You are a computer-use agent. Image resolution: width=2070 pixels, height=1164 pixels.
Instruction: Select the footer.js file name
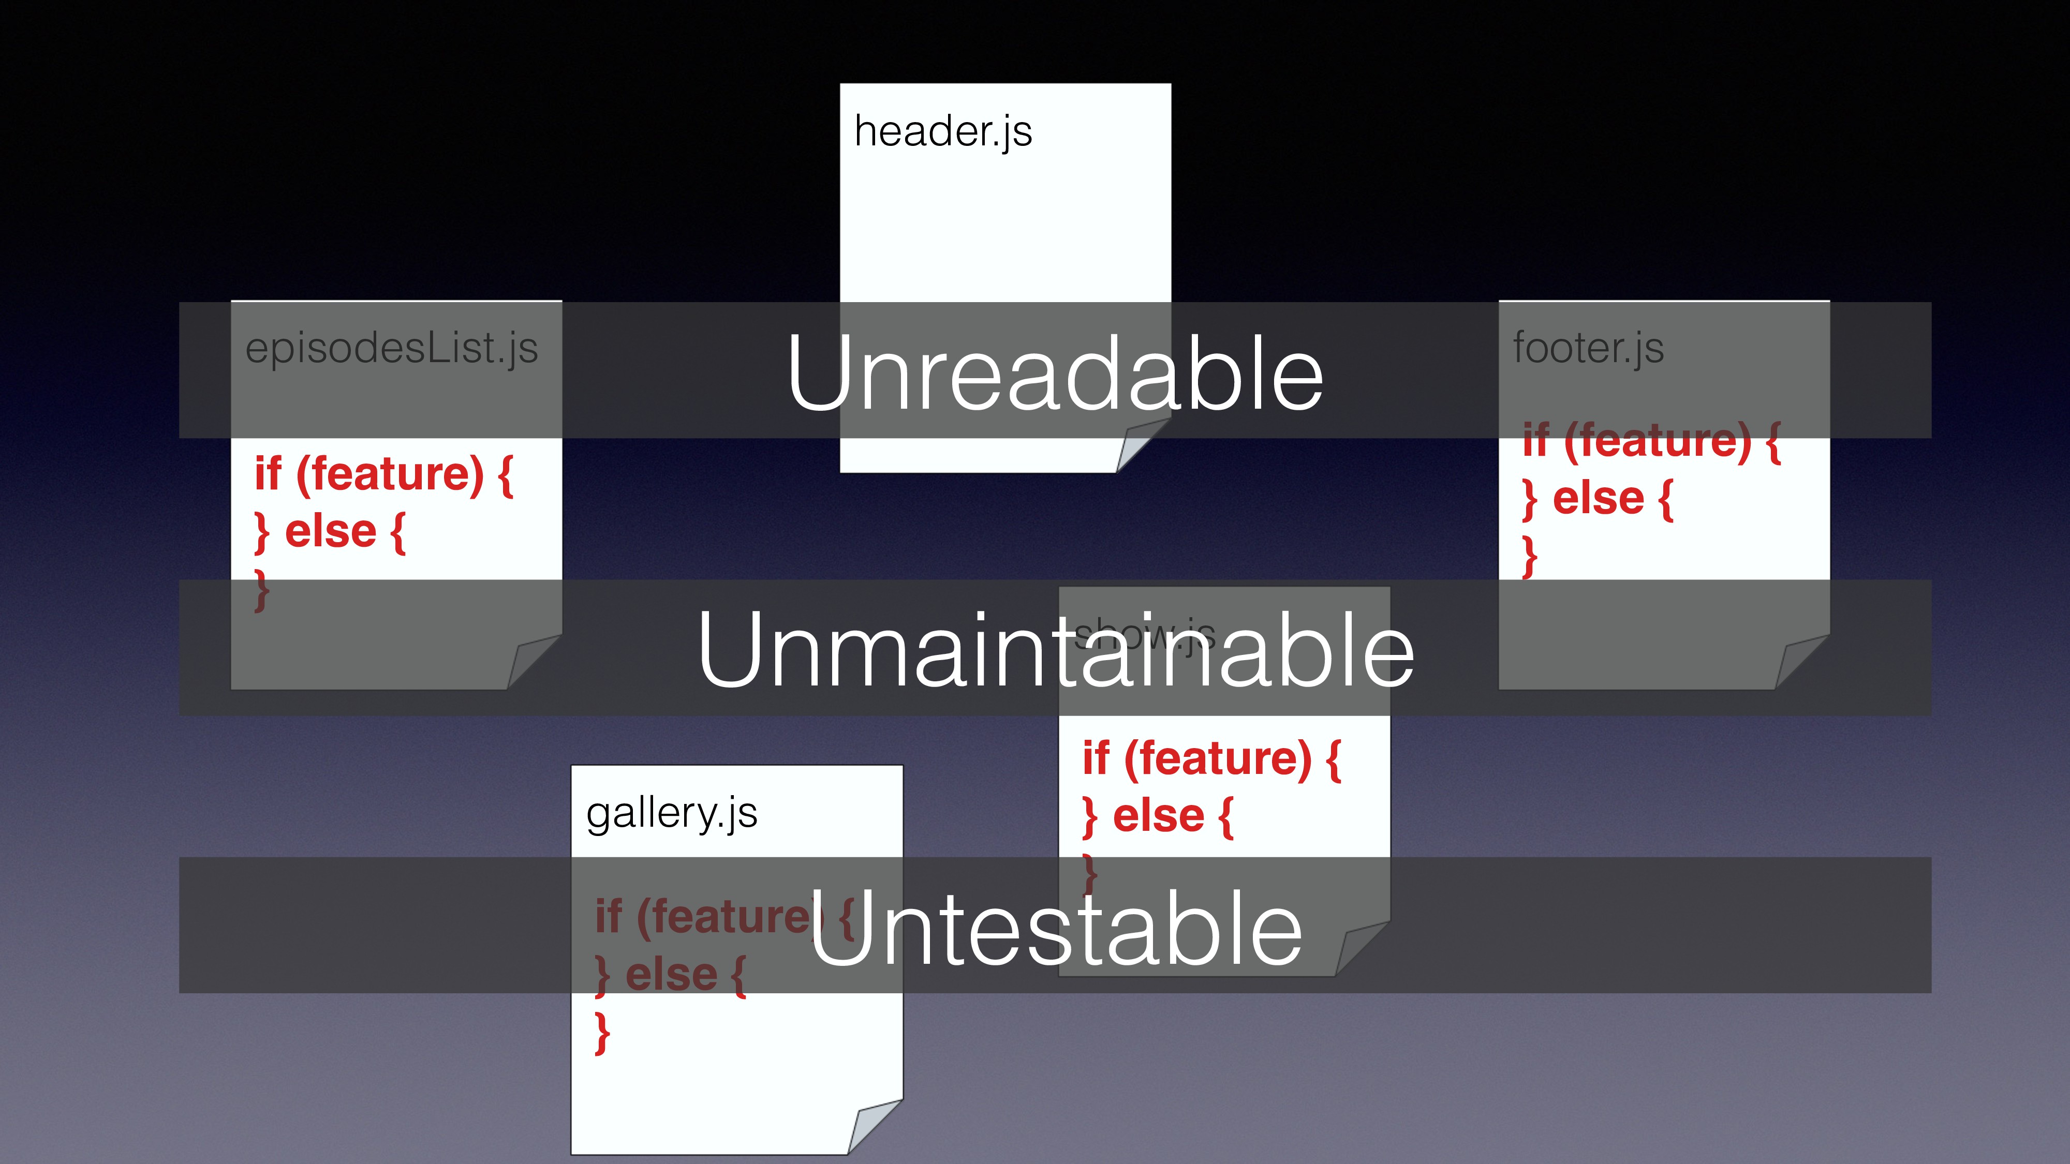click(1588, 349)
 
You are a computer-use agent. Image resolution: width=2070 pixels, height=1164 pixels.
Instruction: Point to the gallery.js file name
click(672, 813)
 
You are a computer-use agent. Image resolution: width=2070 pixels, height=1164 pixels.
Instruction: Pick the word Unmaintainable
click(1054, 649)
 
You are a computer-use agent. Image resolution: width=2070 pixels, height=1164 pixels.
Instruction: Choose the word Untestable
click(1054, 928)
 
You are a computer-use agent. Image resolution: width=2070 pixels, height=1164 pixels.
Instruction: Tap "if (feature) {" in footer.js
click(1651, 441)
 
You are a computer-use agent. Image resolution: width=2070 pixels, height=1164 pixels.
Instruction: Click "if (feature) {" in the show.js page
click(1211, 759)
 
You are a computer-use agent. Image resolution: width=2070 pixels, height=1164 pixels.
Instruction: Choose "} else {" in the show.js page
click(1157, 817)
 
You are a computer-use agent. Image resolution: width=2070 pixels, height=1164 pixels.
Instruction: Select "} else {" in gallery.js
click(670, 975)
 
